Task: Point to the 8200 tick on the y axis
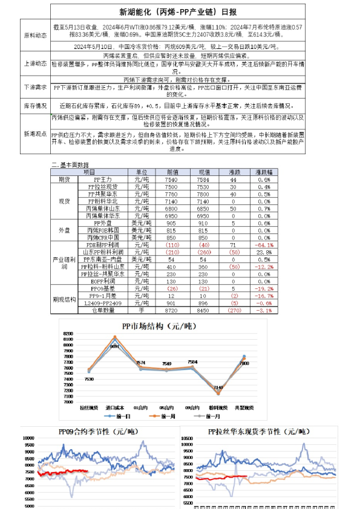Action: click(x=67, y=334)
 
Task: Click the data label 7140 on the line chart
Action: click(x=218, y=387)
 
